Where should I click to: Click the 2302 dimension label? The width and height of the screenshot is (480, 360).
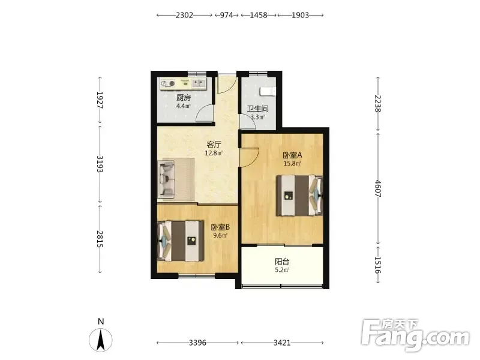coord(184,15)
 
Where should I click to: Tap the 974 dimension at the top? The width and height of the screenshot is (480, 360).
coord(227,15)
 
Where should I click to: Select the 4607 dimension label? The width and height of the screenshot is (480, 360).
coord(378,188)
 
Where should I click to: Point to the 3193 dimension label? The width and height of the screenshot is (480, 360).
coord(100,164)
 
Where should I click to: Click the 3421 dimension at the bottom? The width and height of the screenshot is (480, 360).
coord(282,343)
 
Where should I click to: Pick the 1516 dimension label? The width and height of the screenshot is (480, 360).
coord(378,265)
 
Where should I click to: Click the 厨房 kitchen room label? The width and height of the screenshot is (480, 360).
coord(184,98)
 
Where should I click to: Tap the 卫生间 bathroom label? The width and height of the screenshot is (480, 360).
coord(258,109)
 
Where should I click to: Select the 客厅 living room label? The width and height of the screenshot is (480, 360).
coord(214,145)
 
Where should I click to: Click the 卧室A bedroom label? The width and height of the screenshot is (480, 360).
coord(292,155)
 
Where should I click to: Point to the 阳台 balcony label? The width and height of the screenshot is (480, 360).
coord(282,262)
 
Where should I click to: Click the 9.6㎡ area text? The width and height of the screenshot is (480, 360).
coord(220,235)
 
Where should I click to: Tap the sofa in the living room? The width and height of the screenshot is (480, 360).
coord(166,179)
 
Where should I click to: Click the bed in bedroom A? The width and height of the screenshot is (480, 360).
coord(299,196)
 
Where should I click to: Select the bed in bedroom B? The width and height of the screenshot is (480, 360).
coord(181,241)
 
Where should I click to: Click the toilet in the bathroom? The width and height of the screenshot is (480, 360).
coord(268,91)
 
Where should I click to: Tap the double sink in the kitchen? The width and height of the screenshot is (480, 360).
coord(199,83)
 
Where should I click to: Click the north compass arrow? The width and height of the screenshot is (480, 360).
coord(101,340)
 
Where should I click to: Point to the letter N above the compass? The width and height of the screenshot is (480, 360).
coord(101,321)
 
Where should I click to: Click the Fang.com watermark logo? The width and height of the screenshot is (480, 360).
coord(415,335)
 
